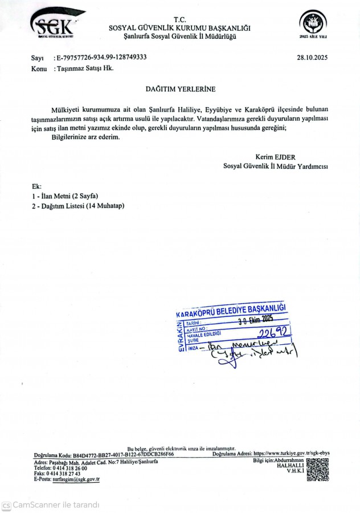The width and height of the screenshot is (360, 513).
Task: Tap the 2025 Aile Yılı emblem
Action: [x=313, y=25]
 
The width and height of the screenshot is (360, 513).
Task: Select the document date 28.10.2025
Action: [x=312, y=58]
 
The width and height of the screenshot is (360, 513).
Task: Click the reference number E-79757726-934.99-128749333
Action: [x=101, y=58]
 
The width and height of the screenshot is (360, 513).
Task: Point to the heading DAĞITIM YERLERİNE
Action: [x=179, y=89]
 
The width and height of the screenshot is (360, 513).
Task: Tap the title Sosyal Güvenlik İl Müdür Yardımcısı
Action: [x=275, y=166]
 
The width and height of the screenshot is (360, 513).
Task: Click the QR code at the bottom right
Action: [x=317, y=470]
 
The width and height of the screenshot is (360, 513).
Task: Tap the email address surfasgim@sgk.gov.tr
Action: [x=76, y=479]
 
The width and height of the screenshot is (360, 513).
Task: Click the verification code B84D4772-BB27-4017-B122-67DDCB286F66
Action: [x=122, y=455]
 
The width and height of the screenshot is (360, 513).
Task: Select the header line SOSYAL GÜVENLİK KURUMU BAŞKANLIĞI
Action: [x=179, y=28]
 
